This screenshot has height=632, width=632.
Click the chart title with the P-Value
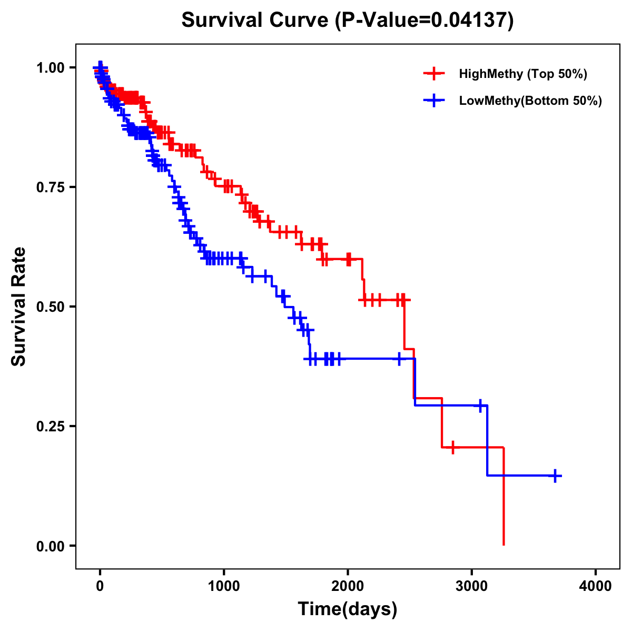tap(348, 21)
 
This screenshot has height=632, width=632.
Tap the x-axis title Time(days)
tap(348, 609)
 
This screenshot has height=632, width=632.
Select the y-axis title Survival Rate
tap(19, 307)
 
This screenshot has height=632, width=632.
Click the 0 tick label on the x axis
tap(100, 586)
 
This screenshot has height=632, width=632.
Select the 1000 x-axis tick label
tap(224, 586)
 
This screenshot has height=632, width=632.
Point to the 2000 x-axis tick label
tap(348, 586)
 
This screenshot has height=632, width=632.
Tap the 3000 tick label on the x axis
tap(471, 586)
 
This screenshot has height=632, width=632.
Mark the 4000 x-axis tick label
tap(596, 586)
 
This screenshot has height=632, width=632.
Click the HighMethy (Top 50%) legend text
tap(523, 74)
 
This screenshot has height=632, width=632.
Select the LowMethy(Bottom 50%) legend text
tap(530, 101)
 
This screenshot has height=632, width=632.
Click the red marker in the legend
tap(434, 74)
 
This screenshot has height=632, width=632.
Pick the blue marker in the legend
tap(434, 101)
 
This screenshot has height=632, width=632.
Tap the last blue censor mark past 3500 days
tap(555, 476)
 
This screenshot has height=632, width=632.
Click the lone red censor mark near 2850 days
tap(452, 447)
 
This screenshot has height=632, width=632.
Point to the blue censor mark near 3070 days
tap(480, 406)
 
